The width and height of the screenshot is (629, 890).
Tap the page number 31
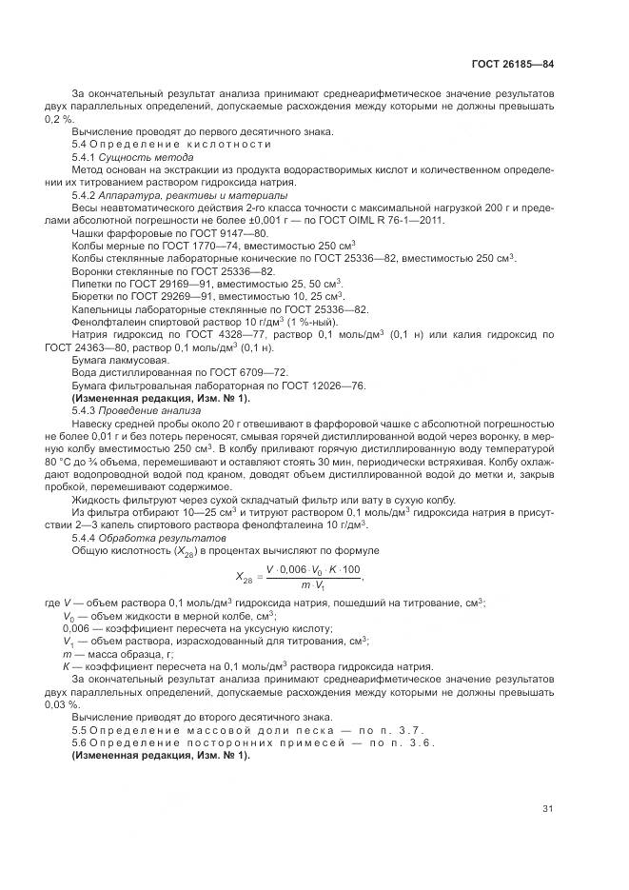pos(548,809)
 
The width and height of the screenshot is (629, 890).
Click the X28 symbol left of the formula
pos(244,575)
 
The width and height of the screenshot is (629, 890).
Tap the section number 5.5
pos(80,729)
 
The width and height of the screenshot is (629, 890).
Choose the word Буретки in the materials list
pos(93,297)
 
